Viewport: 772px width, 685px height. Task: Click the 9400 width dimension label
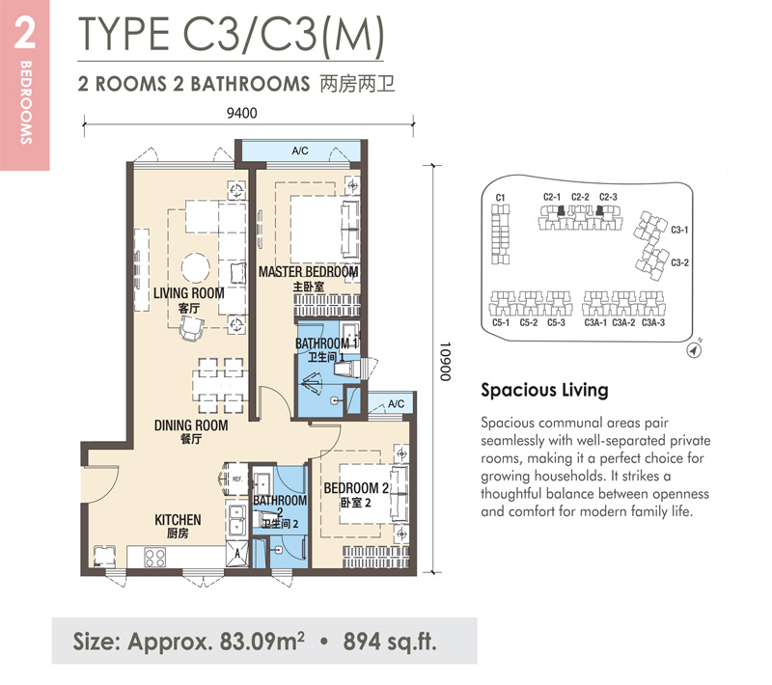click(242, 113)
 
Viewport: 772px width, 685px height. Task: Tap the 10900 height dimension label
click(445, 362)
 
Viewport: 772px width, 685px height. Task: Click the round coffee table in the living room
click(196, 268)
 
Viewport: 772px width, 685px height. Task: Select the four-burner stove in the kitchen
click(154, 558)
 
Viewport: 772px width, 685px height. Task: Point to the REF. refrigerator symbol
click(234, 479)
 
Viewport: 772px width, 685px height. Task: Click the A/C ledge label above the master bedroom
click(300, 151)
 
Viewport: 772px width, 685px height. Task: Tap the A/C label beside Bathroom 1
click(396, 404)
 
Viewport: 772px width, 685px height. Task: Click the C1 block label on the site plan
click(500, 198)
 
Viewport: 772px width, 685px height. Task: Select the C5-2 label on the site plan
click(529, 323)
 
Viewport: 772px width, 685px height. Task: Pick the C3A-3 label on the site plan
click(653, 323)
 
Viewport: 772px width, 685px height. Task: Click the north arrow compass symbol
click(694, 350)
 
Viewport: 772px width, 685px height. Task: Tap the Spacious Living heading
click(544, 390)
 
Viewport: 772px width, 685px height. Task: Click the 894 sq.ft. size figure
click(390, 642)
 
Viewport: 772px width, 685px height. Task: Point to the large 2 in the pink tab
click(25, 33)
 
